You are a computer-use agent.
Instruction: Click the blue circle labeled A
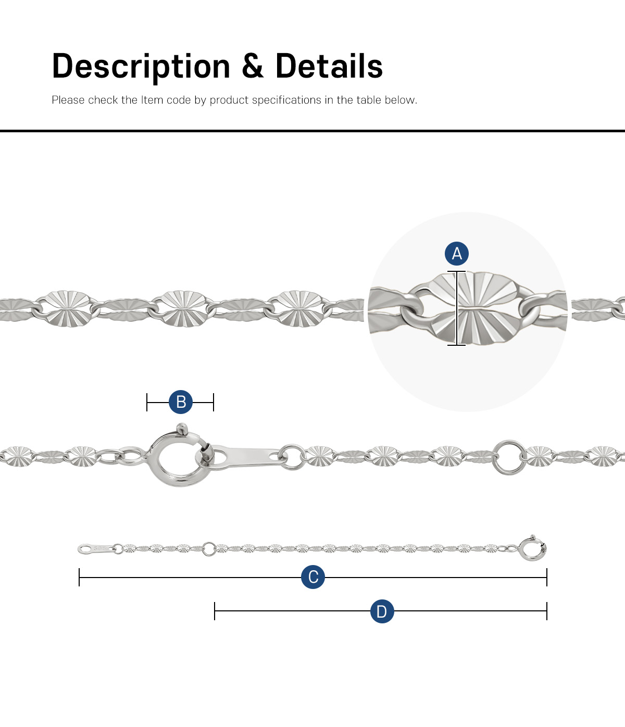457,253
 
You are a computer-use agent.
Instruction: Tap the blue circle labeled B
181,402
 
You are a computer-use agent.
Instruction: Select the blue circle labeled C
313,577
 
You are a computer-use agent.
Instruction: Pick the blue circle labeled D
382,611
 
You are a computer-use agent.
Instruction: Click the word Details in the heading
329,66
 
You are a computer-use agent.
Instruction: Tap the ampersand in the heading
253,66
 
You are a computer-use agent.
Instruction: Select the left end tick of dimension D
215,611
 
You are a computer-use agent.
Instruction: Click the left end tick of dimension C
79,577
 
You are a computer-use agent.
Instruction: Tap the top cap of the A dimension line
457,271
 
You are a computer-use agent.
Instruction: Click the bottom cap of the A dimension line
457,345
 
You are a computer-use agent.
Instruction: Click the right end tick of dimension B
214,402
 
